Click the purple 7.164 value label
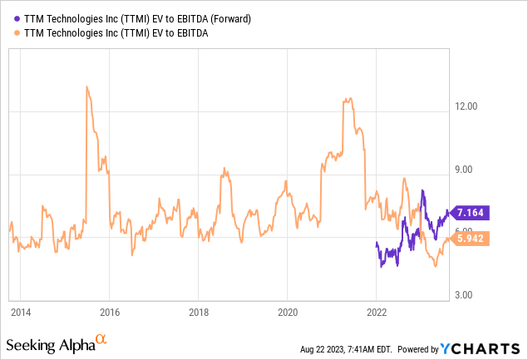click(x=471, y=212)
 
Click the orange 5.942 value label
click(x=471, y=239)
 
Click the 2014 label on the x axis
click(x=21, y=313)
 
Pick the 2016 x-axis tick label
click(x=110, y=313)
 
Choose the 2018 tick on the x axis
click(x=198, y=313)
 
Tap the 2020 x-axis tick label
click(x=287, y=313)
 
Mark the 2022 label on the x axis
click(x=376, y=313)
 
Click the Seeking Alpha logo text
click(x=50, y=344)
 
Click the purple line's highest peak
click(x=422, y=190)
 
